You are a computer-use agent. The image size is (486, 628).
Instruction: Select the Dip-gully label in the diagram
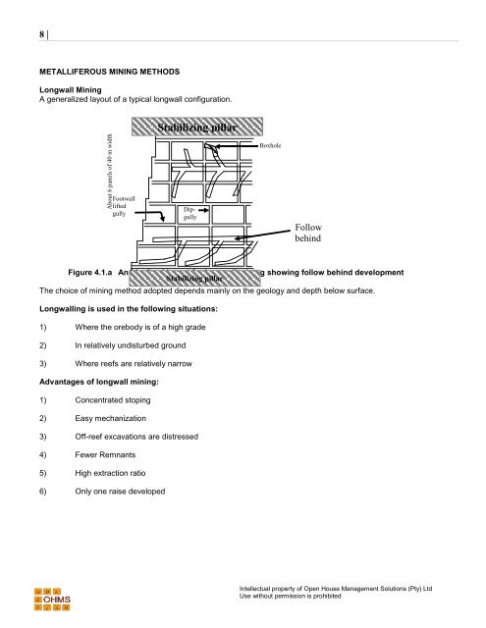click(189, 214)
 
